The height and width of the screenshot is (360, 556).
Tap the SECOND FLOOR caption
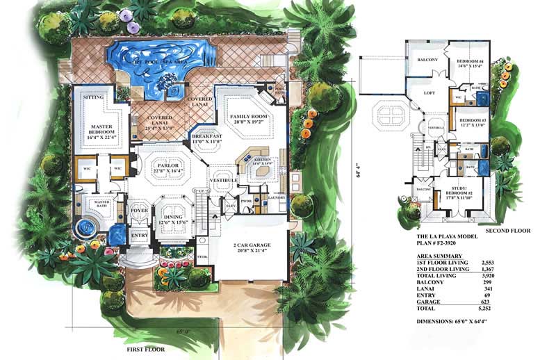[x=509, y=230]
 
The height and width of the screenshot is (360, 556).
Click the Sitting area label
[x=93, y=99]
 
